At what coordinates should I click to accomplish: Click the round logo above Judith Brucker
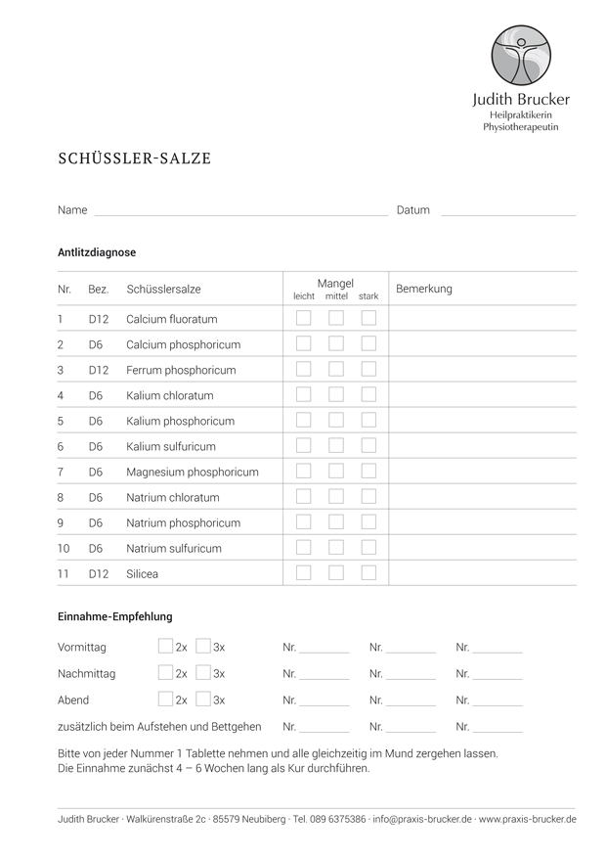click(x=521, y=56)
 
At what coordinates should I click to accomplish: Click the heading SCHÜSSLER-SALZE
click(x=134, y=158)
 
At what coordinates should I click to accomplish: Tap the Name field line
click(x=240, y=211)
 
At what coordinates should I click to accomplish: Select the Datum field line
click(x=508, y=211)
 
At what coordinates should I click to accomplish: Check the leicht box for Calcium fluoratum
click(x=304, y=318)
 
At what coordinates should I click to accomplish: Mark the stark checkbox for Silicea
click(x=368, y=573)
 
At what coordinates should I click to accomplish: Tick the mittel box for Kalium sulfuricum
click(x=336, y=446)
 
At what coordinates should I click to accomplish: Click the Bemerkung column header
click(x=423, y=290)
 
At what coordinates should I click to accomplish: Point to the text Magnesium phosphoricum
click(x=193, y=472)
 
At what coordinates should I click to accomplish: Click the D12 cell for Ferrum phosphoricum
click(x=98, y=370)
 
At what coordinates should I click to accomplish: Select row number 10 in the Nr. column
click(x=64, y=549)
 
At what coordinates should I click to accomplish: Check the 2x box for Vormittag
click(x=165, y=647)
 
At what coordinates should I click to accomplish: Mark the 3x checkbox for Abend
click(x=203, y=700)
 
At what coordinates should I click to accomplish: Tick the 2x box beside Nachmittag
click(x=165, y=673)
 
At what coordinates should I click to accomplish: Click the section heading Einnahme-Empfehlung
click(x=114, y=616)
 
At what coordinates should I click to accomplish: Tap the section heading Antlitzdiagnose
click(x=97, y=252)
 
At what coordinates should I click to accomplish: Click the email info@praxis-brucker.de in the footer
click(x=422, y=819)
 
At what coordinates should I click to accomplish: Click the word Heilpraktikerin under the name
click(x=521, y=114)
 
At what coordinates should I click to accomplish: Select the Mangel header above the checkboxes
click(x=335, y=284)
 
